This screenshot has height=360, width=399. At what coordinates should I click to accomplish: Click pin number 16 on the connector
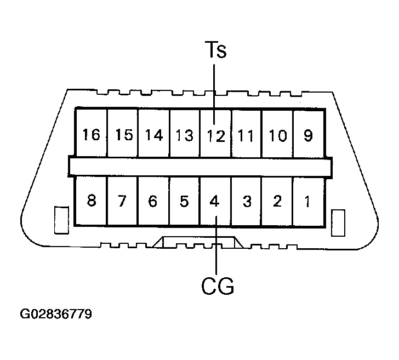92,134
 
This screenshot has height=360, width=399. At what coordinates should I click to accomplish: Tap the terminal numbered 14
154,134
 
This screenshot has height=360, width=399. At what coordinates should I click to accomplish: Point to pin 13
185,135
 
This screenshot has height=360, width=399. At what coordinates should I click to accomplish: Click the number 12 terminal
216,135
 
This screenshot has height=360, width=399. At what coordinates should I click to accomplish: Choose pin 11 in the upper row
247,135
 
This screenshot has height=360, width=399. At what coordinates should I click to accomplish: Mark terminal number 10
278,135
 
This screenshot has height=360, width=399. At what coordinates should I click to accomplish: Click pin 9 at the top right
308,134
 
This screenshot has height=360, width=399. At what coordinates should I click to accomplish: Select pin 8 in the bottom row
92,201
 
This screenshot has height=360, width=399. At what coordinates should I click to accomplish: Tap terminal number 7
123,201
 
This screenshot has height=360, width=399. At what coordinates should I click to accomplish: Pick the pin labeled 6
153,201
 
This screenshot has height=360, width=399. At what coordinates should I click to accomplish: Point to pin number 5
184,201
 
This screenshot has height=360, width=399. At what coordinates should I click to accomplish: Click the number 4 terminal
215,201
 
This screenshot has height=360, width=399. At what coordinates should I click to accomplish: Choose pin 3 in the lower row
247,201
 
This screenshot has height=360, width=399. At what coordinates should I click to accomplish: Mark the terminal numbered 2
277,201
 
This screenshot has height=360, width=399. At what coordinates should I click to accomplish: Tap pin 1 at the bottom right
308,201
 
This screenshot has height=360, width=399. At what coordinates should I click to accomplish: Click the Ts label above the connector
215,50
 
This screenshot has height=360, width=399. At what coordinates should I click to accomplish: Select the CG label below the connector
217,285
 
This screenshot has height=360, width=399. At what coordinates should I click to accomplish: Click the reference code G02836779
56,315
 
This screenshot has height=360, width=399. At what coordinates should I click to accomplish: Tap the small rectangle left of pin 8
61,220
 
